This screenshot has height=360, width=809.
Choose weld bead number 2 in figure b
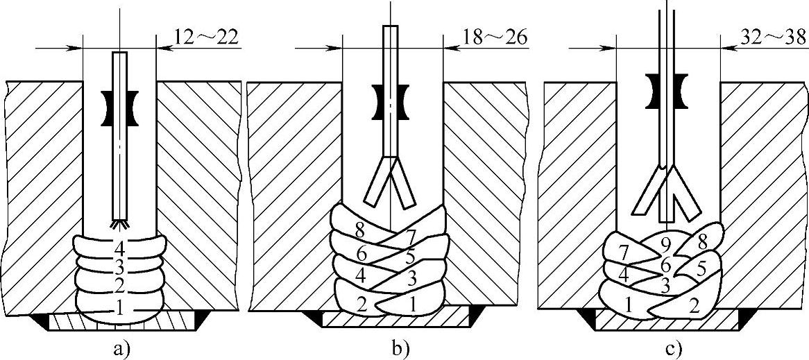tap(361, 303)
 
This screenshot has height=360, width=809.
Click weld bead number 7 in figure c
tap(623, 250)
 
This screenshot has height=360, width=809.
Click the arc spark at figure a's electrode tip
tap(119, 225)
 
